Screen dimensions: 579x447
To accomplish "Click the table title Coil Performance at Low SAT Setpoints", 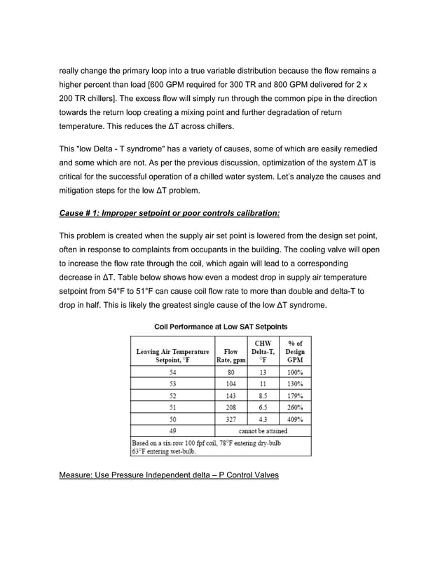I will coord(221,327).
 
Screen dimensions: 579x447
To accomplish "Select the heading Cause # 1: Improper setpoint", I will coord(170,212).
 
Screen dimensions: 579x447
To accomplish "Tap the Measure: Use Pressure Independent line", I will coord(169,475).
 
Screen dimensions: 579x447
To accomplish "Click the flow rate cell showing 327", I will coord(231,418).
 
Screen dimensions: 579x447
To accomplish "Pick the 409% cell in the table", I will coord(295,418).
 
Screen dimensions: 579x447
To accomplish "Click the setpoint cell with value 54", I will coord(172,372).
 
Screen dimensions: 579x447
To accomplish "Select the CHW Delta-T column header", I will coord(263,351).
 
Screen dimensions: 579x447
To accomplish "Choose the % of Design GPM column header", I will coord(295,351).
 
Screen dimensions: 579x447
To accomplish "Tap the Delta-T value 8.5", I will coord(263,395).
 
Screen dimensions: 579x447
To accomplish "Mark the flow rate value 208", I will coord(231,407).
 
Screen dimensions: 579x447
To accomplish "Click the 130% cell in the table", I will coord(295,384).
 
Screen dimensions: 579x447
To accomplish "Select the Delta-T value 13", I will coord(263,372).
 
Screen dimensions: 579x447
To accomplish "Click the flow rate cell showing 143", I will coord(231,395).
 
